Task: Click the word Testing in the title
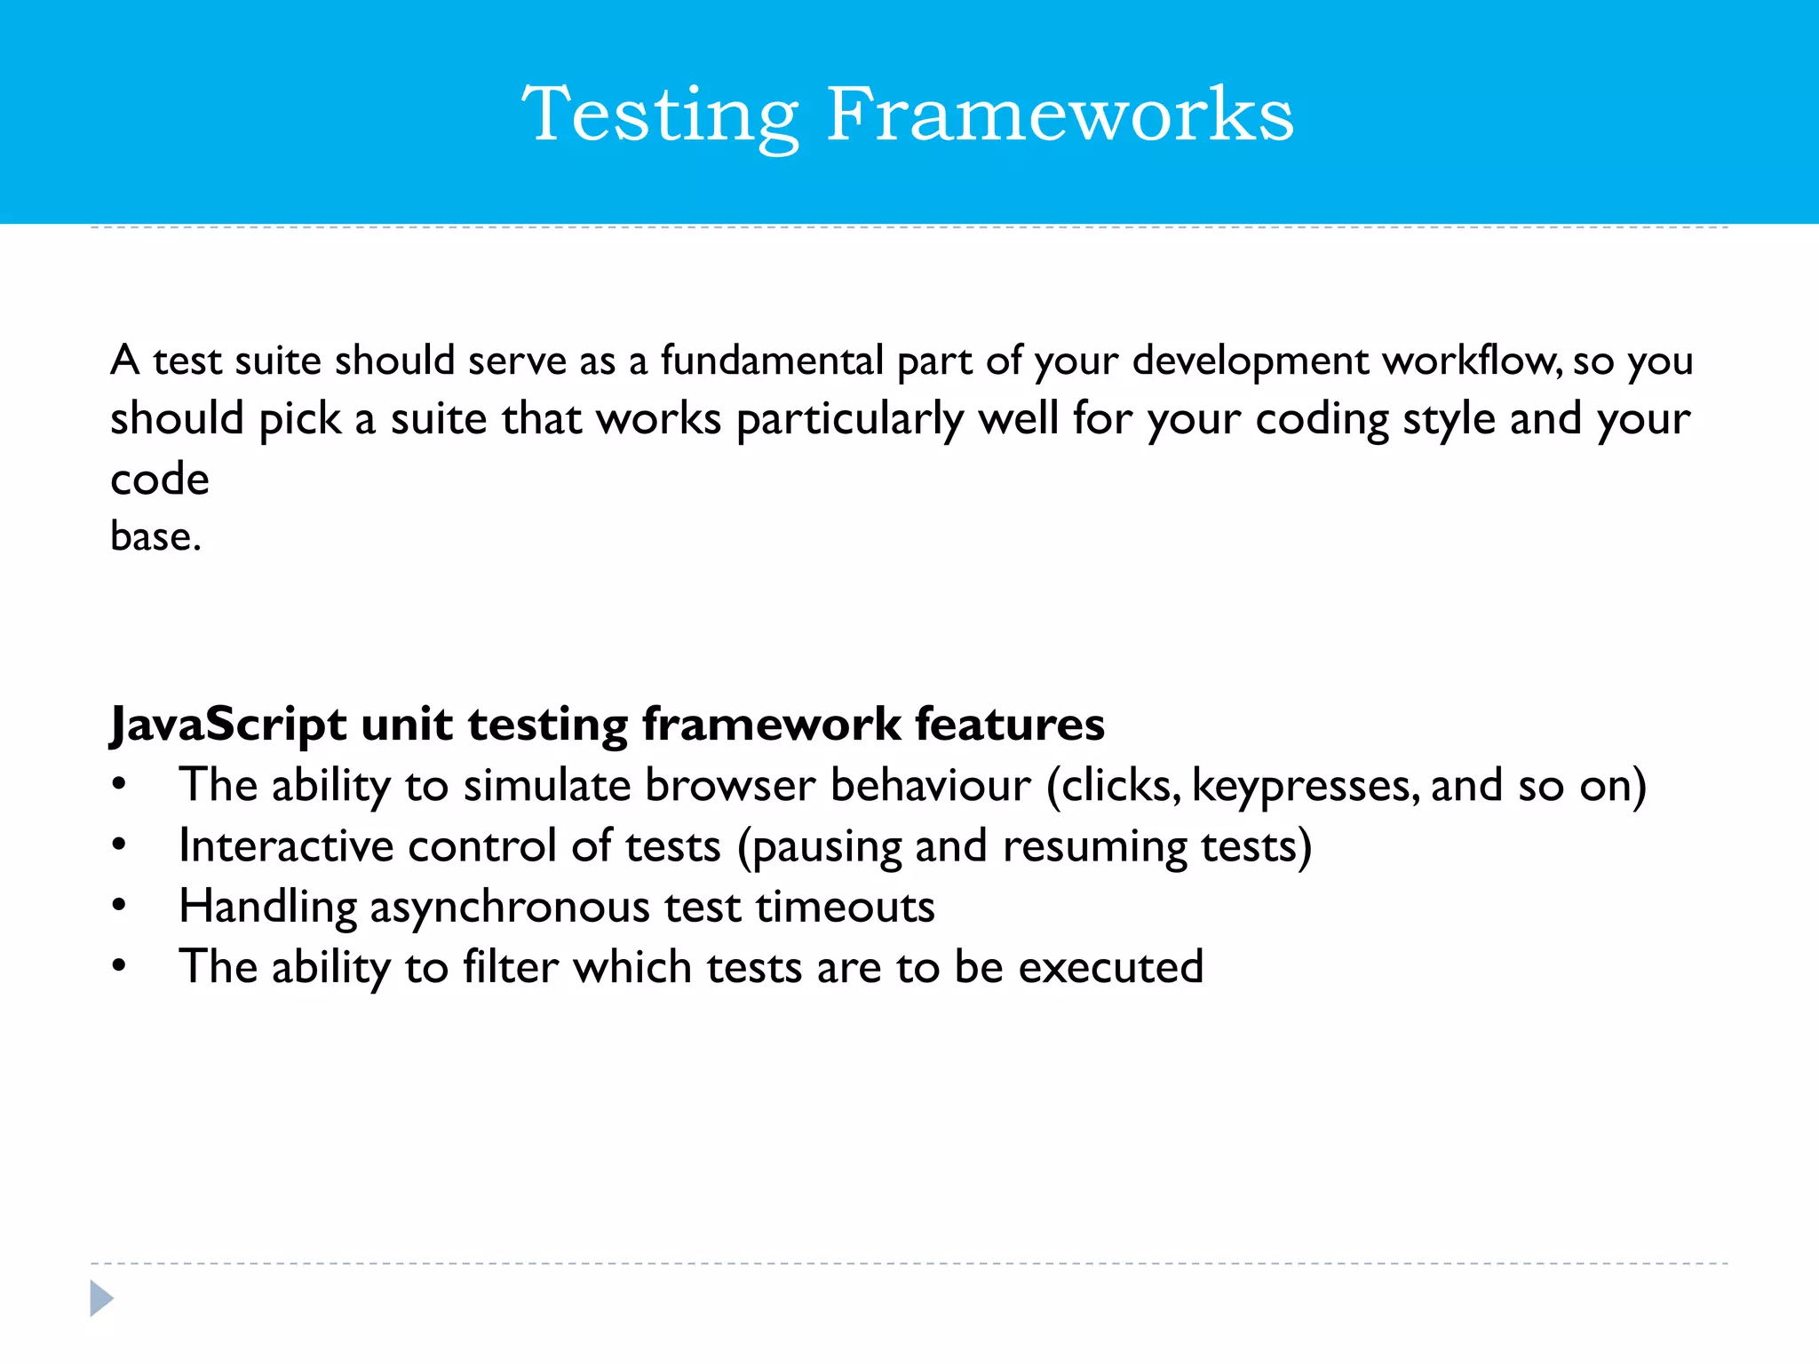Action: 660,115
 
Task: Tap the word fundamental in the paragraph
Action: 771,361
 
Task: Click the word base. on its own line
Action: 155,536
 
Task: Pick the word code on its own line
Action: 160,480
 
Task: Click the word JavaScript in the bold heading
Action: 227,725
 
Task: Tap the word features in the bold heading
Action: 1010,723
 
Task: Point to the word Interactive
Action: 285,845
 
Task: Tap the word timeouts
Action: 845,907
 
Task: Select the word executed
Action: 1110,966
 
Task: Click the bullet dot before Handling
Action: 120,906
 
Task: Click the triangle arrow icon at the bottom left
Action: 101,1298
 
